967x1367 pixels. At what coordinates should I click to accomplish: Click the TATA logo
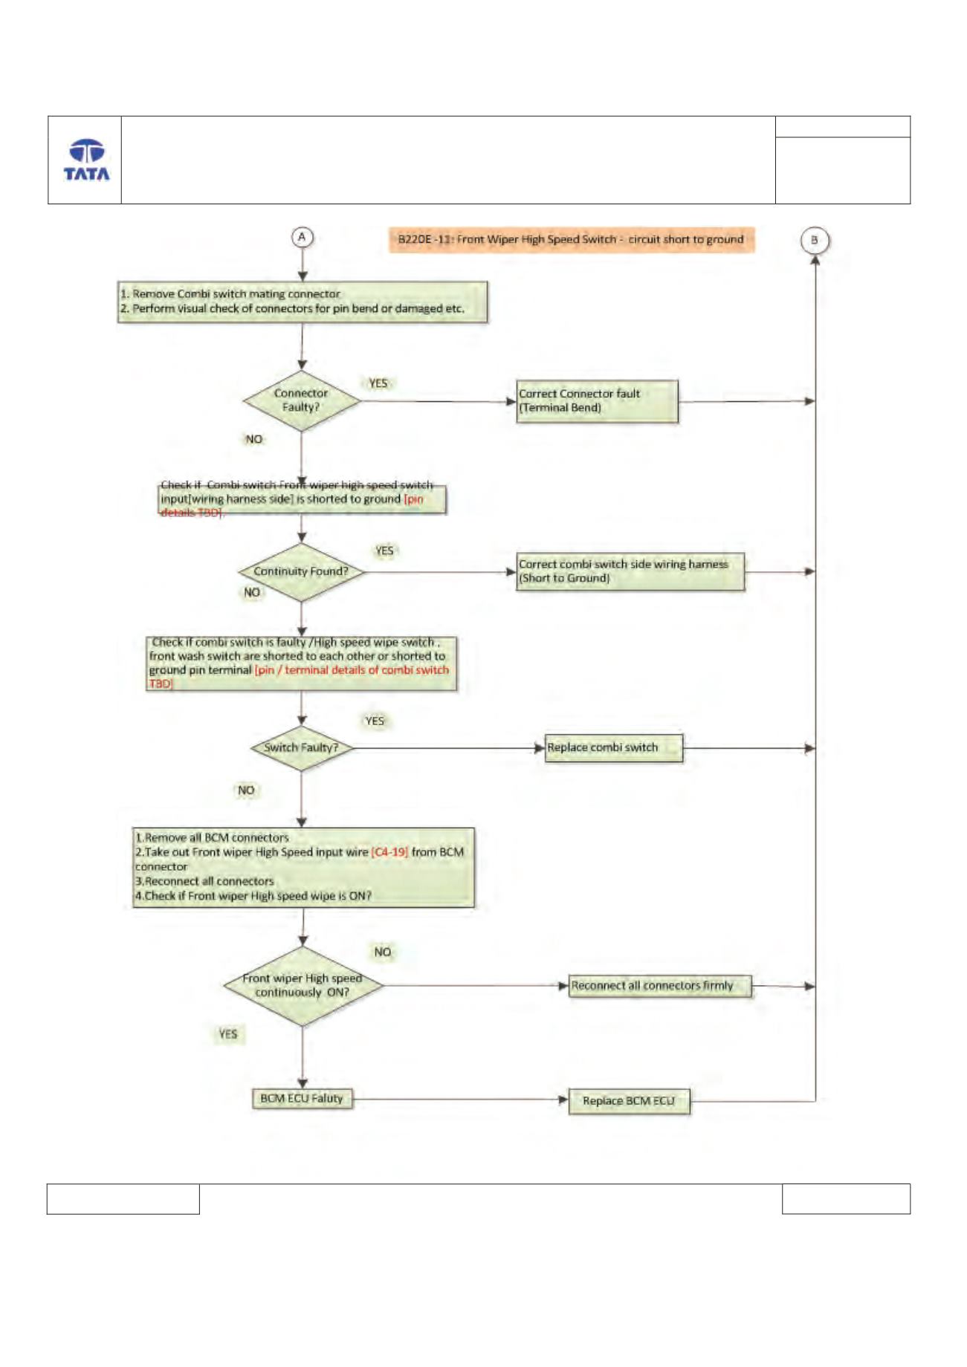click(86, 160)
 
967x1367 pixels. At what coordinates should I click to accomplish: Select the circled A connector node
click(302, 237)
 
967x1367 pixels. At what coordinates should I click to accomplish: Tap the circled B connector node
click(815, 240)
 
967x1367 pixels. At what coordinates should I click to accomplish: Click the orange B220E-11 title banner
click(571, 239)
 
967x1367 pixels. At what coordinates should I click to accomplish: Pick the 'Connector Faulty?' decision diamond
click(302, 400)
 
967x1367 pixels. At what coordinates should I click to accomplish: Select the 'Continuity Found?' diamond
click(302, 571)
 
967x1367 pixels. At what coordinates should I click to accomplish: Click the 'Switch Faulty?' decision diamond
click(302, 747)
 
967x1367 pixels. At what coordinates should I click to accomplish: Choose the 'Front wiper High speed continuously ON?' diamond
click(303, 985)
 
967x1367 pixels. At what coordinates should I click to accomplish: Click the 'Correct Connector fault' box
click(598, 401)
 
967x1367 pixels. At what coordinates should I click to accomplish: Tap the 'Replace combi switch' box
click(614, 748)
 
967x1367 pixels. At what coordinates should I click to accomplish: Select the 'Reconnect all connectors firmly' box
click(660, 986)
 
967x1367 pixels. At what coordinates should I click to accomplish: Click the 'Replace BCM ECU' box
click(629, 1101)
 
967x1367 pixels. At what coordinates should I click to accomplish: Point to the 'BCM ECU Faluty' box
click(302, 1098)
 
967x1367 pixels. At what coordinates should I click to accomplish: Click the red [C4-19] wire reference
click(389, 852)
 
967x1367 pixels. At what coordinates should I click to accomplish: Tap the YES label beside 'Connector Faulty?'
click(378, 383)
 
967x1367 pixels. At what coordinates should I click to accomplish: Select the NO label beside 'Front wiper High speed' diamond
click(382, 952)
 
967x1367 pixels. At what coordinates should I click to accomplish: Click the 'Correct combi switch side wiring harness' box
click(630, 571)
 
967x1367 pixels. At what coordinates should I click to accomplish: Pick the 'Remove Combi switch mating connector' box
click(303, 302)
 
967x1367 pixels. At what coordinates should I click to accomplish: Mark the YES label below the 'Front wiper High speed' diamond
click(228, 1033)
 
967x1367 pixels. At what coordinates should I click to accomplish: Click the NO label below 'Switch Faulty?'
click(246, 790)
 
